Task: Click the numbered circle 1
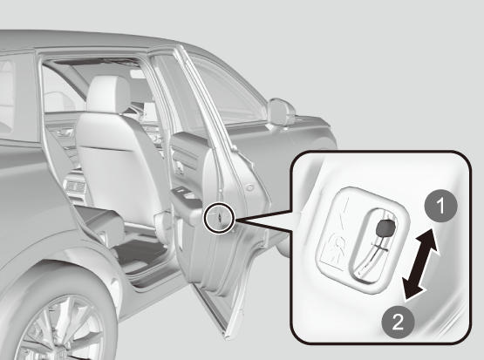[440, 206]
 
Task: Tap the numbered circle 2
[398, 323]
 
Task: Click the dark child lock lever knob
[385, 228]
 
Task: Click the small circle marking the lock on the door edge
[219, 217]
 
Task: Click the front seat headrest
[109, 93]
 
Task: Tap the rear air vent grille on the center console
[75, 187]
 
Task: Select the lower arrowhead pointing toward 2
[412, 289]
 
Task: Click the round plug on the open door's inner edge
[250, 187]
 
